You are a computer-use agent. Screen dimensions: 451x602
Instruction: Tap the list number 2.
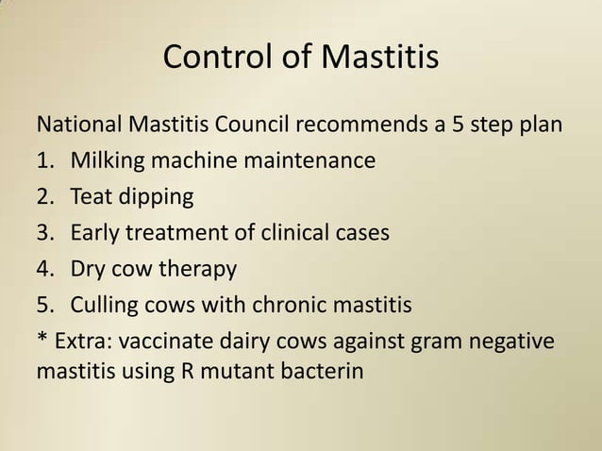pyautogui.click(x=43, y=197)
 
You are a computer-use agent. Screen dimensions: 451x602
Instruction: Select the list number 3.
pyautogui.click(x=43, y=233)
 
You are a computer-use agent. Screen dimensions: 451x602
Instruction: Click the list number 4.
pyautogui.click(x=43, y=270)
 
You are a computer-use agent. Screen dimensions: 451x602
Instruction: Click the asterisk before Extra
pyautogui.click(x=42, y=340)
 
